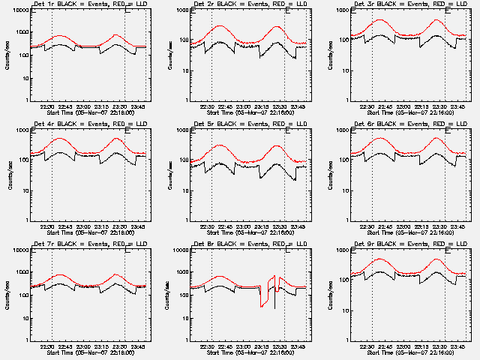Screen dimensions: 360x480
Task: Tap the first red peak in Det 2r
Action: (220, 25)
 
